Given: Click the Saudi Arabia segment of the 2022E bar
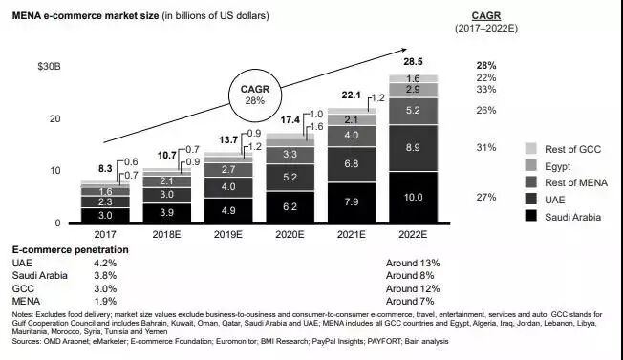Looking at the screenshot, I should tap(412, 197).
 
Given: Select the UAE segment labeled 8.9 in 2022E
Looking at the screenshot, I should tap(412, 148).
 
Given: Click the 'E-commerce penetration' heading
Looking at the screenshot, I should tap(68, 247).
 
